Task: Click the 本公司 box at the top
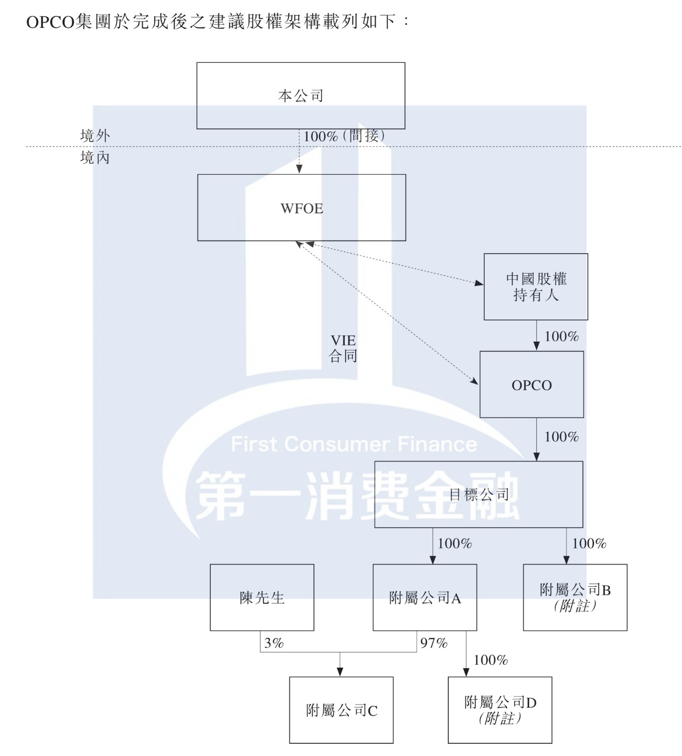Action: pos(301,95)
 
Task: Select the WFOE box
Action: pos(301,208)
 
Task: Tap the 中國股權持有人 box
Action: pos(535,287)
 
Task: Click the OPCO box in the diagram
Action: pos(532,385)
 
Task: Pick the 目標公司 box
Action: pos(479,494)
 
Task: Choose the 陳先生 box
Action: pos(262,598)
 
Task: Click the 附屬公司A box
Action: pos(425,598)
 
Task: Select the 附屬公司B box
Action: pos(575,598)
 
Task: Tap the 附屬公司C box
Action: pos(341,710)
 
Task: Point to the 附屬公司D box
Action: pos(500,710)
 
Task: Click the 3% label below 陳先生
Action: pos(274,643)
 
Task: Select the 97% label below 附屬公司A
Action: pos(434,643)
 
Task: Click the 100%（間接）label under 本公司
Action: pos(344,137)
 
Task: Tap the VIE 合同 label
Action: pos(343,348)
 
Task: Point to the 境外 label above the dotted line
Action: pos(95,136)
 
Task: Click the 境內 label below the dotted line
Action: pos(95,158)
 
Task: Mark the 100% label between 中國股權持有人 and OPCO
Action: pos(561,336)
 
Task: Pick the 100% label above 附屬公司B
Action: pos(589,544)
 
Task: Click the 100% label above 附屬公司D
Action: pos(490,660)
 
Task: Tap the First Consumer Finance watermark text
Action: pos(354,444)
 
